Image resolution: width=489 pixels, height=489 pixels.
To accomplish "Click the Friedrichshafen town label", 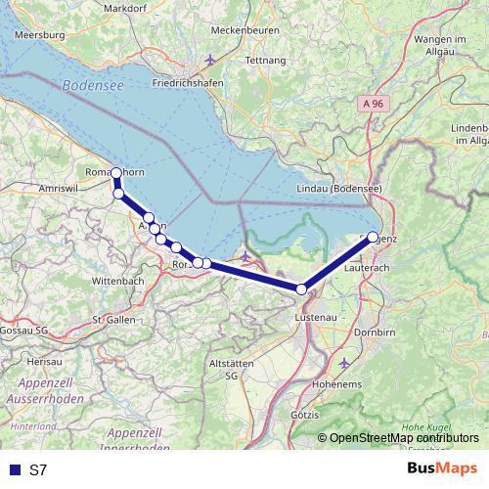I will pyautogui.click(x=189, y=82).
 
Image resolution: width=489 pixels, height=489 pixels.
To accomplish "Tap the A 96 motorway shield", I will pyautogui.click(x=369, y=101).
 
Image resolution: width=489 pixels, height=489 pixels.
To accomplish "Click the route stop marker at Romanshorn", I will pyautogui.click(x=116, y=173).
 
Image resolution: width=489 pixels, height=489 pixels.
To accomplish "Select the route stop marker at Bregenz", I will pyautogui.click(x=373, y=237).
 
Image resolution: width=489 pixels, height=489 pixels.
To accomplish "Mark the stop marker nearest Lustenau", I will pyautogui.click(x=302, y=289).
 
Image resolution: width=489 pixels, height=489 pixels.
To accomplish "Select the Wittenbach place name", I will pyautogui.click(x=119, y=280).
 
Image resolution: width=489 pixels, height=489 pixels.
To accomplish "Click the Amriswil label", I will pyautogui.click(x=56, y=186).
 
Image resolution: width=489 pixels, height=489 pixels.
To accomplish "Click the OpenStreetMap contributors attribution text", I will pyautogui.click(x=404, y=438).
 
